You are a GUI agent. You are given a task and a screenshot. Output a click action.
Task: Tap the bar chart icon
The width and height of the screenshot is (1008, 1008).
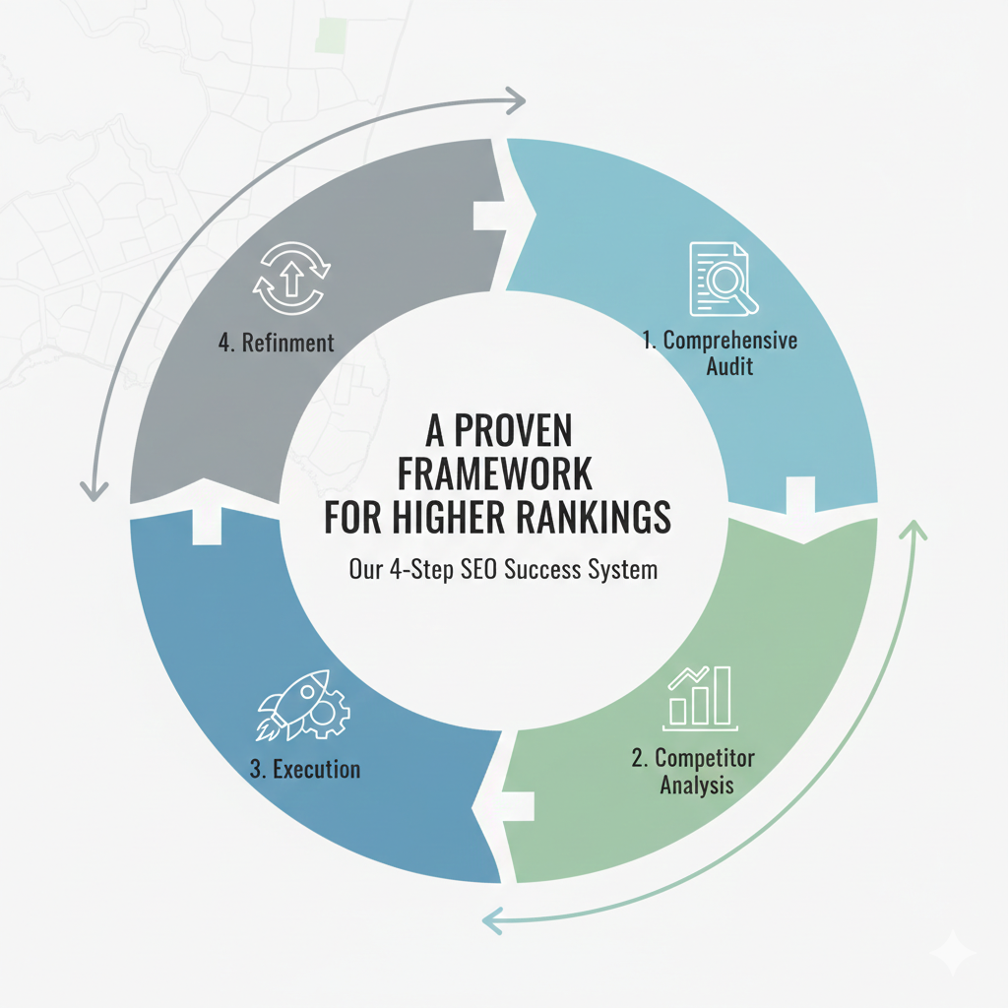pyautogui.click(x=699, y=698)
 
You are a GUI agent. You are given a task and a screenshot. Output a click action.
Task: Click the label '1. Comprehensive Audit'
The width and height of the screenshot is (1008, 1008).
pyautogui.click(x=719, y=353)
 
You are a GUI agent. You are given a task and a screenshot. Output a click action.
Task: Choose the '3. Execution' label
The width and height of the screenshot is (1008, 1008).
pyautogui.click(x=304, y=769)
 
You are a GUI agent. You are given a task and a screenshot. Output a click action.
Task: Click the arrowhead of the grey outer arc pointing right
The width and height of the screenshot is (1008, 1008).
pyautogui.click(x=517, y=97)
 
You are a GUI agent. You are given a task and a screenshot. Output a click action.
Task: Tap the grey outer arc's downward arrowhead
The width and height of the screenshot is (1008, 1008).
pyautogui.click(x=94, y=489)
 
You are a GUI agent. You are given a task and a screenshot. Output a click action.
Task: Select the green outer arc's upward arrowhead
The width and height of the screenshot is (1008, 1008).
pyautogui.click(x=914, y=530)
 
